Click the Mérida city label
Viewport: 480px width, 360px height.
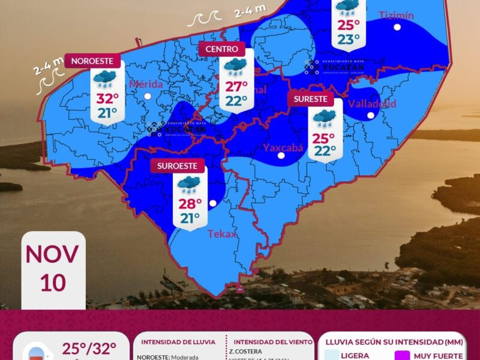pos(146,85)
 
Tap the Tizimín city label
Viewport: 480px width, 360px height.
pos(396,16)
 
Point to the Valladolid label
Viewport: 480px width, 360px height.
pos(372,104)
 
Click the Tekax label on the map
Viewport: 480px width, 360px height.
pos(222,234)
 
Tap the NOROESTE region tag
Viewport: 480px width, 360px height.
pos(93,61)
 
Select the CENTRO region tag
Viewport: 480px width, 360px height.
pos(222,49)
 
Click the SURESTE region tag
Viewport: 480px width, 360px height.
pos(310,99)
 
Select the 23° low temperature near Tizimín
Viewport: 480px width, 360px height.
pos(348,40)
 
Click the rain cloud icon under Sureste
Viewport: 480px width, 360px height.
pos(325,118)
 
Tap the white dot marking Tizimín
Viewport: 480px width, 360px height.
pos(397,27)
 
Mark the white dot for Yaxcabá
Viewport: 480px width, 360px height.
pos(281,156)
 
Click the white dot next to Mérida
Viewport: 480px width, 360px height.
pos(146,95)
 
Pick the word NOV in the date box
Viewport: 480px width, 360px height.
pos(52,254)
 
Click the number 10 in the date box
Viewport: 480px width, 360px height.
pos(53,282)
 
